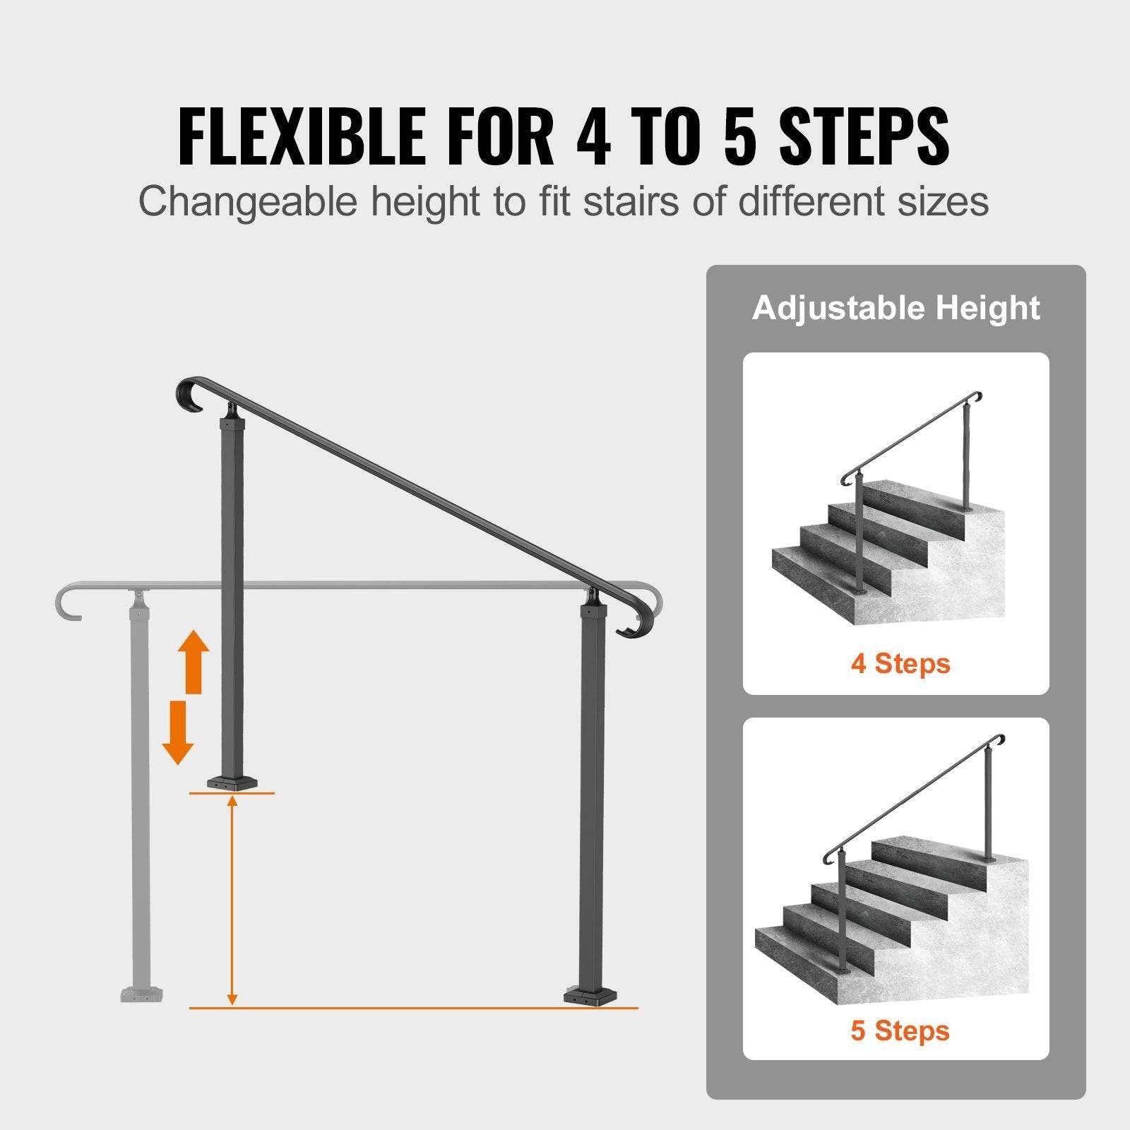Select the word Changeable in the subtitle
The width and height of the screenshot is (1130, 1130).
coord(248,201)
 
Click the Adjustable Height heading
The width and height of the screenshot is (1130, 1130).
coord(896,309)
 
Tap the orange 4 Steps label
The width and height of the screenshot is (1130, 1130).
coord(900,663)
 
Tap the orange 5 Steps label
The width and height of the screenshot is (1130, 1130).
coord(900,1030)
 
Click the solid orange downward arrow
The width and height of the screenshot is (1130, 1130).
coord(178,732)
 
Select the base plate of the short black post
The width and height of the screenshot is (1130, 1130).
coord(232,783)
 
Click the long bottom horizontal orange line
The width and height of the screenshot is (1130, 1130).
coord(413,1008)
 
